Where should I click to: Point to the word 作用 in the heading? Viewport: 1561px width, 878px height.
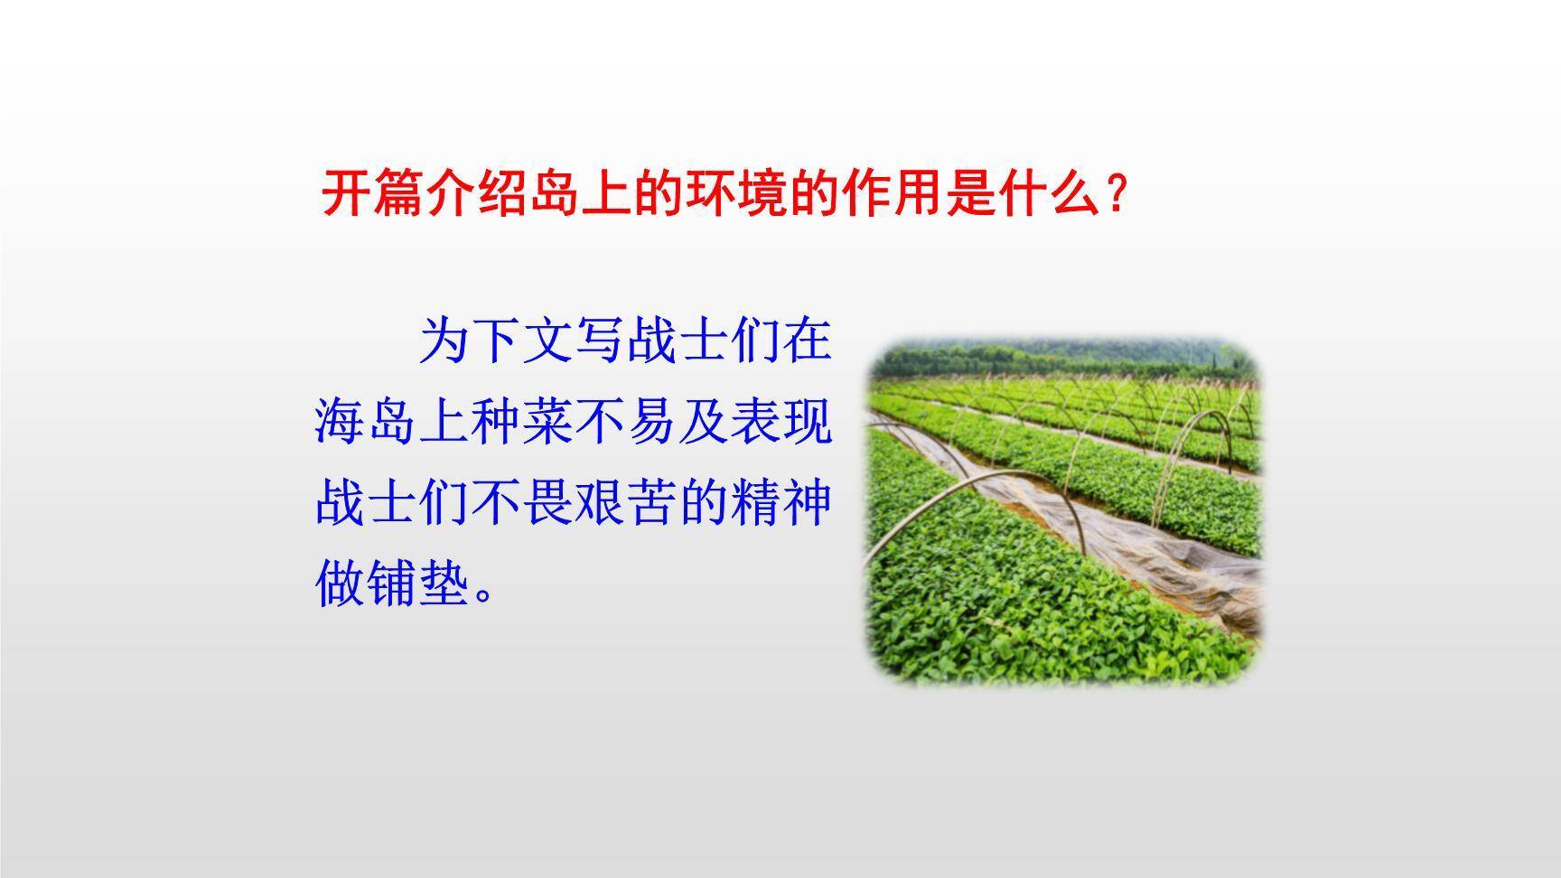[x=888, y=192]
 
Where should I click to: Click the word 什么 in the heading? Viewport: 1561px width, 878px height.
[x=1043, y=192]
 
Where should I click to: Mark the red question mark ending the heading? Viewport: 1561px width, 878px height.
[x=1117, y=192]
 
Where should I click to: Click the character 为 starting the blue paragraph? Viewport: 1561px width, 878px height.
[x=445, y=340]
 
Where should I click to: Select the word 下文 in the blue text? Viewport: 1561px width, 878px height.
[x=522, y=340]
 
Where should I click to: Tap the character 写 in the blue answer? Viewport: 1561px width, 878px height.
[x=600, y=340]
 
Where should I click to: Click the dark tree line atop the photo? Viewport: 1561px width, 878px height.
[x=1066, y=360]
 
